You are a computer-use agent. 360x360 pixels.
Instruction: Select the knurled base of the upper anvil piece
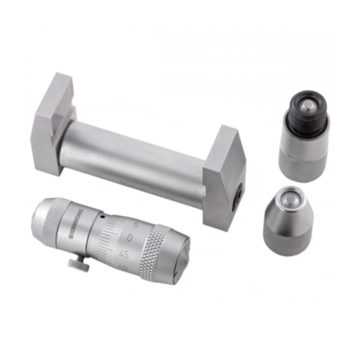pyautogui.click(x=303, y=156)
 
